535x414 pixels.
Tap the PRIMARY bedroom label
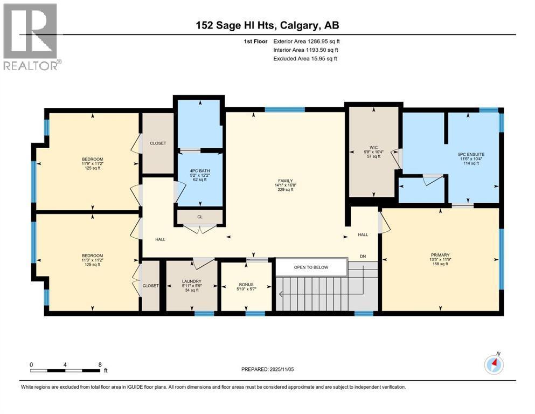440,255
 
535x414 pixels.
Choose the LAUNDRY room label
192,281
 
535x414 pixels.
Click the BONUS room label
246,285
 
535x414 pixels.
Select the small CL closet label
199,217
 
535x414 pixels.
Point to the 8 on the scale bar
100,364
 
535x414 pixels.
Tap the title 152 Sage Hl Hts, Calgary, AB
268,25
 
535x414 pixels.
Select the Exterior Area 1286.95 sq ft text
307,40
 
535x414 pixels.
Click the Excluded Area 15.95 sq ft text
305,58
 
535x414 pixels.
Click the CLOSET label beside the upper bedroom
158,143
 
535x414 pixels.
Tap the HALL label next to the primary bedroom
363,234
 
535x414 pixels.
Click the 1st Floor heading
254,40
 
